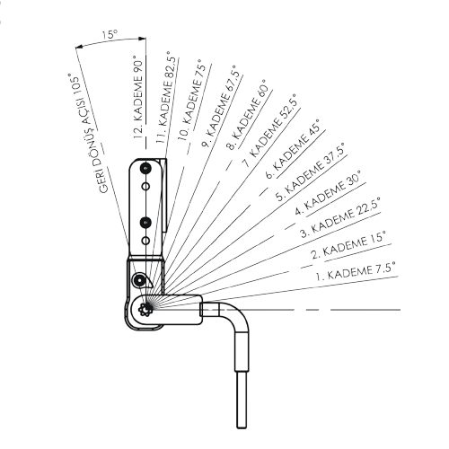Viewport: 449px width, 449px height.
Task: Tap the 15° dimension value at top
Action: pyautogui.click(x=110, y=36)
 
